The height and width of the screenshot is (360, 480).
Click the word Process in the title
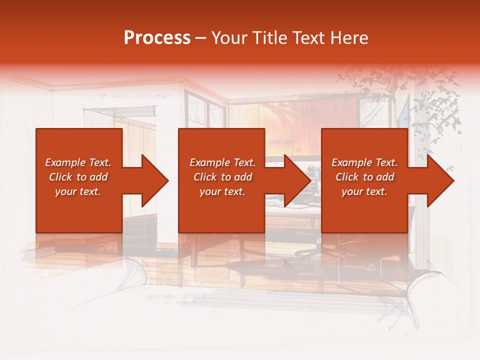(157, 38)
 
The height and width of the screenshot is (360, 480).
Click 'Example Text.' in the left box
(78, 162)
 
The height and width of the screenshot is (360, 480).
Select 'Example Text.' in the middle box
(222, 162)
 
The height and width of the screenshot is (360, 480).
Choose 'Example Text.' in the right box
(364, 162)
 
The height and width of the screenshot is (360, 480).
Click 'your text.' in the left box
(78, 191)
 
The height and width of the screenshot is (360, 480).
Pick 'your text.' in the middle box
(222, 191)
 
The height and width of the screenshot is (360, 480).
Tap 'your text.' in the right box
(364, 191)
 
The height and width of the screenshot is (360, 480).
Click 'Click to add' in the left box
(78, 177)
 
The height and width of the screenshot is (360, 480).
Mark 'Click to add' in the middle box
(222, 177)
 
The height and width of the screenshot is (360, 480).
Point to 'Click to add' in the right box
(364, 177)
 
